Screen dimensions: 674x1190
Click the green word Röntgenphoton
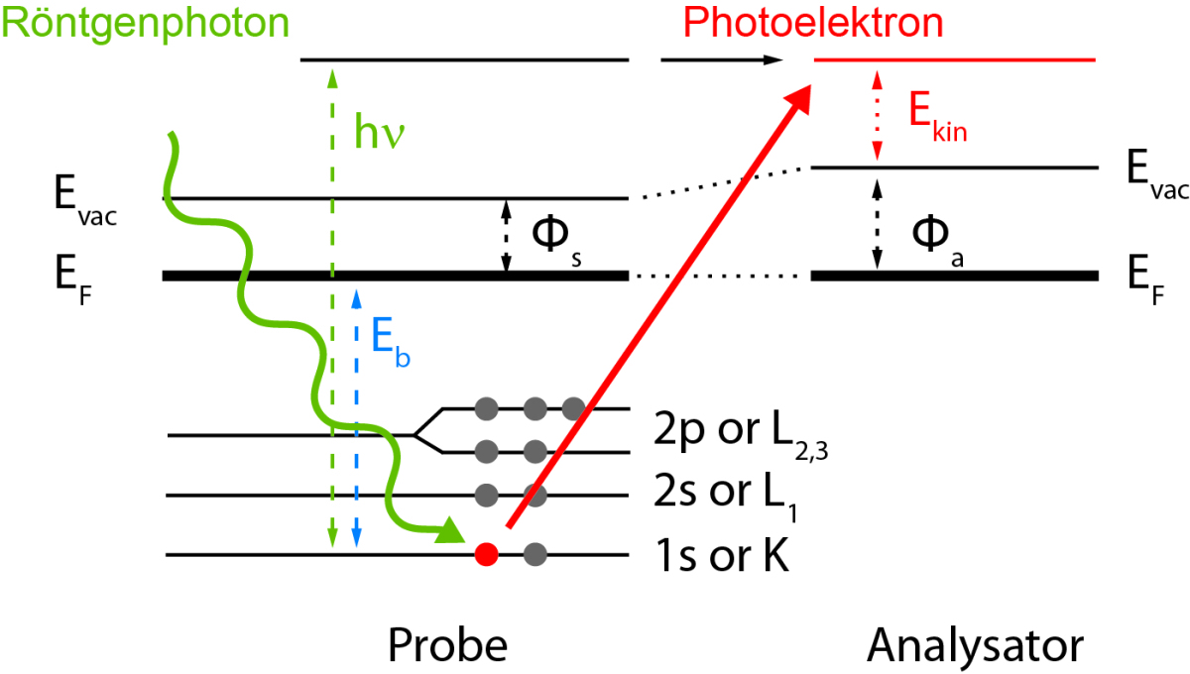click(x=146, y=22)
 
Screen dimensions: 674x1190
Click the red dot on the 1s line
click(x=486, y=554)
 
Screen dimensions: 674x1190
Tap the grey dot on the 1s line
click(x=535, y=554)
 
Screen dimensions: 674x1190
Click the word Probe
click(x=447, y=645)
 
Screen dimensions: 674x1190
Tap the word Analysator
click(x=975, y=645)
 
